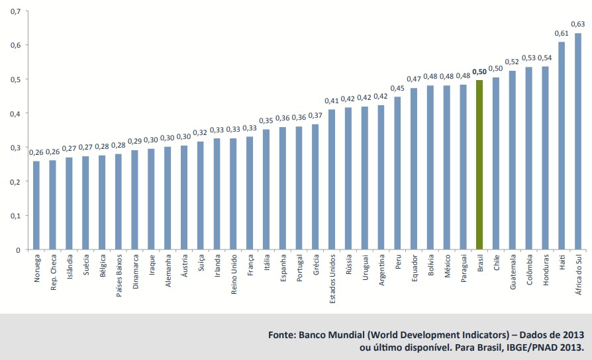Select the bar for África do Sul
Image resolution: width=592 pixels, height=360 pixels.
(578, 142)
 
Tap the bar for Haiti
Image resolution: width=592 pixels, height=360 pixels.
(562, 146)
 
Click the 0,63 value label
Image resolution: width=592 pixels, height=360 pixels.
(577, 24)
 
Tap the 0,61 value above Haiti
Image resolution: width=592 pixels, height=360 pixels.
(561, 33)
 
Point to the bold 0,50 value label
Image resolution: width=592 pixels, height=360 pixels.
(479, 71)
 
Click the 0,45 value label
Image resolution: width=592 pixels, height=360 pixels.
(397, 88)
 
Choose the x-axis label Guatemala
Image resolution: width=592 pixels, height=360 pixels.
(513, 272)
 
